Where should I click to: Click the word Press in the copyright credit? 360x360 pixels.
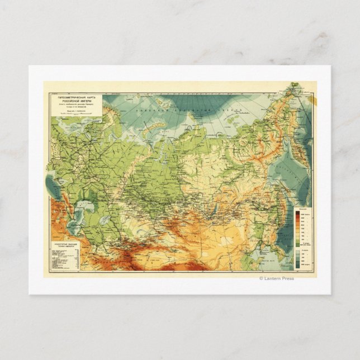[287, 278]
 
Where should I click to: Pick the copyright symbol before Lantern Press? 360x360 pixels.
[260, 278]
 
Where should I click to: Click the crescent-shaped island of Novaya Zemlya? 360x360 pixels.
[146, 130]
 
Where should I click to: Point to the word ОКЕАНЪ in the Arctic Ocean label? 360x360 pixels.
[240, 113]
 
